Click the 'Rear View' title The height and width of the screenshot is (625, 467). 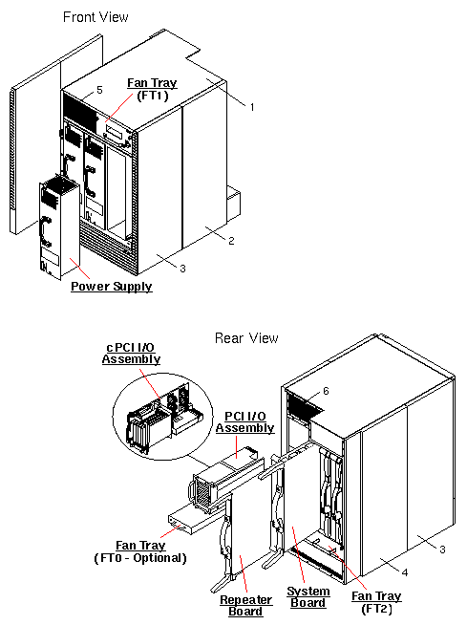(246, 337)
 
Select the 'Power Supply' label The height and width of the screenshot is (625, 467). (111, 286)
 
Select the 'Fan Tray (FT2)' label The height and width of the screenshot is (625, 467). (376, 602)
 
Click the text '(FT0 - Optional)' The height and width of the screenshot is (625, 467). (140, 557)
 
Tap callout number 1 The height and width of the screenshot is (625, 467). (251, 107)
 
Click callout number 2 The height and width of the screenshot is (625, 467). (231, 240)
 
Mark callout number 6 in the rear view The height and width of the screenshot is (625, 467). (325, 391)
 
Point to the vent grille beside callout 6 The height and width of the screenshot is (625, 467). (304, 405)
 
